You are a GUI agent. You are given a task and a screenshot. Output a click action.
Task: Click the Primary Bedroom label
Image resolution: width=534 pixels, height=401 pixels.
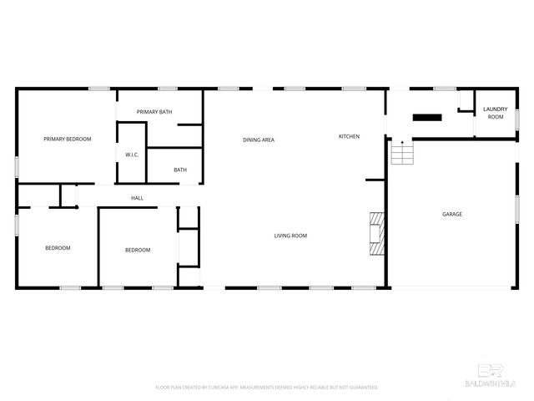click(67, 139)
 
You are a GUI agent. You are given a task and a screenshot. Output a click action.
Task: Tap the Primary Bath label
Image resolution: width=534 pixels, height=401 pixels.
click(154, 112)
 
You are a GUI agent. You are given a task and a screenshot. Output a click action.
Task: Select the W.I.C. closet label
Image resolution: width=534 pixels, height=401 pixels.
click(132, 155)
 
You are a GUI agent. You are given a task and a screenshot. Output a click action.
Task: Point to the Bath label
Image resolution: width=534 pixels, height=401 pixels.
click(180, 170)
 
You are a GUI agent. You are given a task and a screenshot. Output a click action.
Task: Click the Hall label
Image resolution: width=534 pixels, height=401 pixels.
click(137, 198)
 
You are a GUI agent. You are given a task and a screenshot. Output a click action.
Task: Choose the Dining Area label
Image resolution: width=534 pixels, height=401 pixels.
click(259, 140)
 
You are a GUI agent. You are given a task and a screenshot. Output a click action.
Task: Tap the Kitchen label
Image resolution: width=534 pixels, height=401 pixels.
click(349, 136)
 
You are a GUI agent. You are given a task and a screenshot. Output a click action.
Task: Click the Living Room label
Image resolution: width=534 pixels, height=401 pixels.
click(290, 236)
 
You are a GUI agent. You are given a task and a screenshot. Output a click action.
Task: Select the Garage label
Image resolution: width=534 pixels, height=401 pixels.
click(451, 215)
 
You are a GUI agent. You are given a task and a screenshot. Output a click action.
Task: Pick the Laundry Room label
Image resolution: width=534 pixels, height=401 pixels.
click(496, 113)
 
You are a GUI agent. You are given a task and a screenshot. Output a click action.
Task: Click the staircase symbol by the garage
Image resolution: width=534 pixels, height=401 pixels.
click(403, 154)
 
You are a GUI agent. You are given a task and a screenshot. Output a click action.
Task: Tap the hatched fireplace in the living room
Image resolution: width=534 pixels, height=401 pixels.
click(378, 234)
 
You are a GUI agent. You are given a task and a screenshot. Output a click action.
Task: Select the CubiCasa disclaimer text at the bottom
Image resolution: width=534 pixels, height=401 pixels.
click(267, 388)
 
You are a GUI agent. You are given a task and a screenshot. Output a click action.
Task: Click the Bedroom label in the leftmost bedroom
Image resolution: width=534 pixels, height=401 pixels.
click(58, 248)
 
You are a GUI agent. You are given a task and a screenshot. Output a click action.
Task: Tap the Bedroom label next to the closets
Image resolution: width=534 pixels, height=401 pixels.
click(138, 251)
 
